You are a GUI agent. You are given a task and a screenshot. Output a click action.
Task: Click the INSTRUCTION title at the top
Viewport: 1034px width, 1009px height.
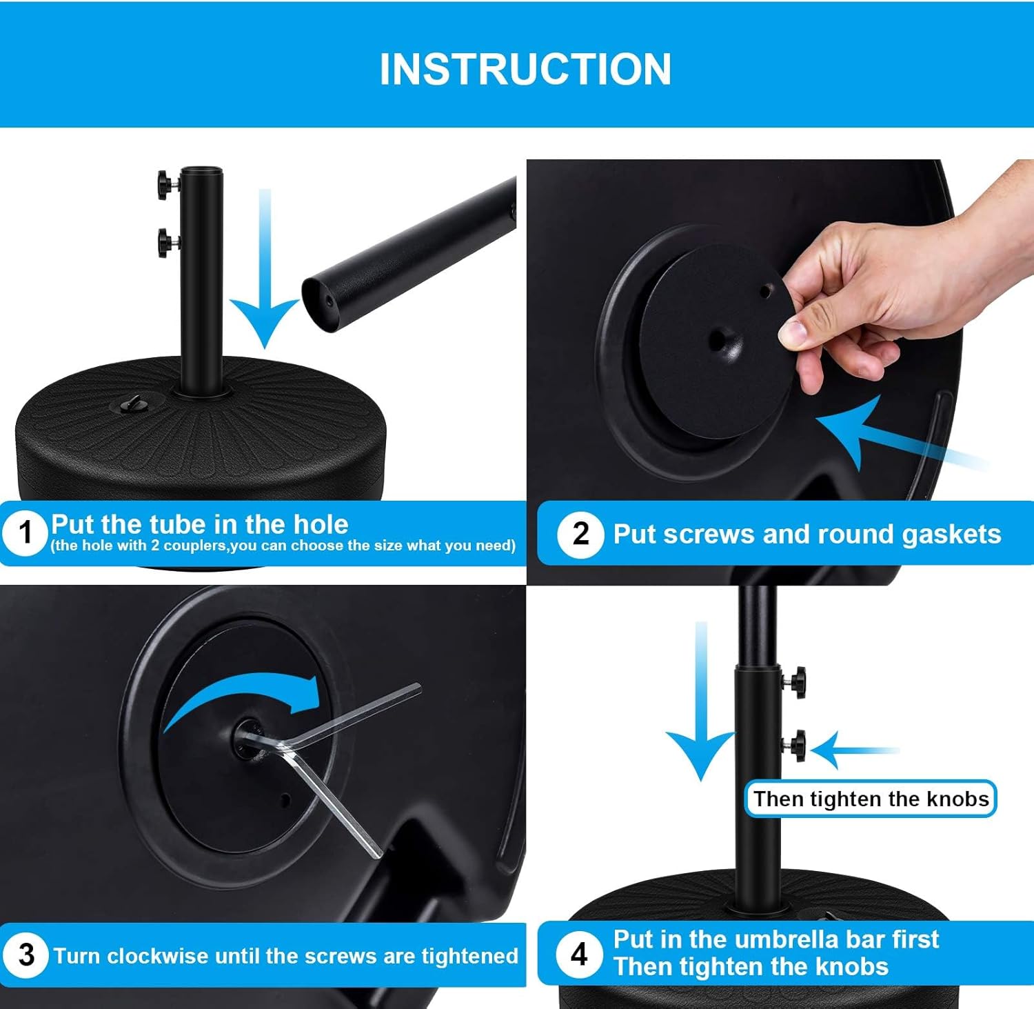pos(525,69)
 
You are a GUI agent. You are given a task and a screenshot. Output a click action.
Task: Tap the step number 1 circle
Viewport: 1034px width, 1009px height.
pos(26,532)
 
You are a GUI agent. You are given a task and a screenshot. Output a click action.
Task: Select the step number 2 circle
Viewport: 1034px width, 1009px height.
pos(580,534)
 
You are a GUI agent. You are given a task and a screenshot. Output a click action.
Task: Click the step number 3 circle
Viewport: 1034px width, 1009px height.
pos(26,955)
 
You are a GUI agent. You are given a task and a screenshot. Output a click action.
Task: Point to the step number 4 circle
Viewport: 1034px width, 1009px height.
pos(580,955)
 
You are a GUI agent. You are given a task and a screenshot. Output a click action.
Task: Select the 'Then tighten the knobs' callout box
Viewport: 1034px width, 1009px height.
pos(871,799)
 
